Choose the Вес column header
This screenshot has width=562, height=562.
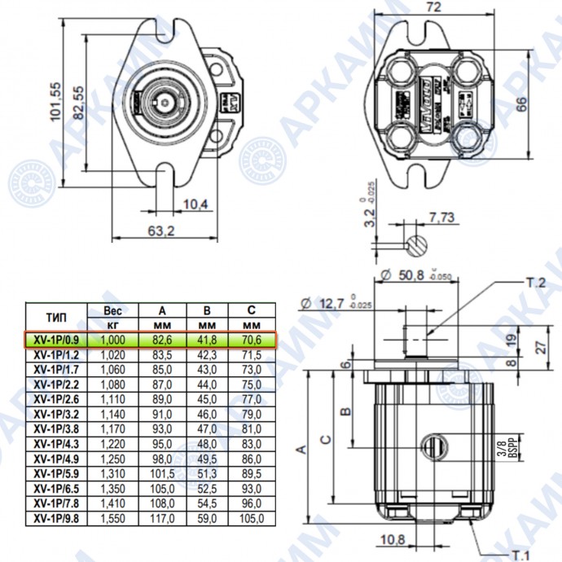[112, 310]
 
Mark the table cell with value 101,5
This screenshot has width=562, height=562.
[163, 472]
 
